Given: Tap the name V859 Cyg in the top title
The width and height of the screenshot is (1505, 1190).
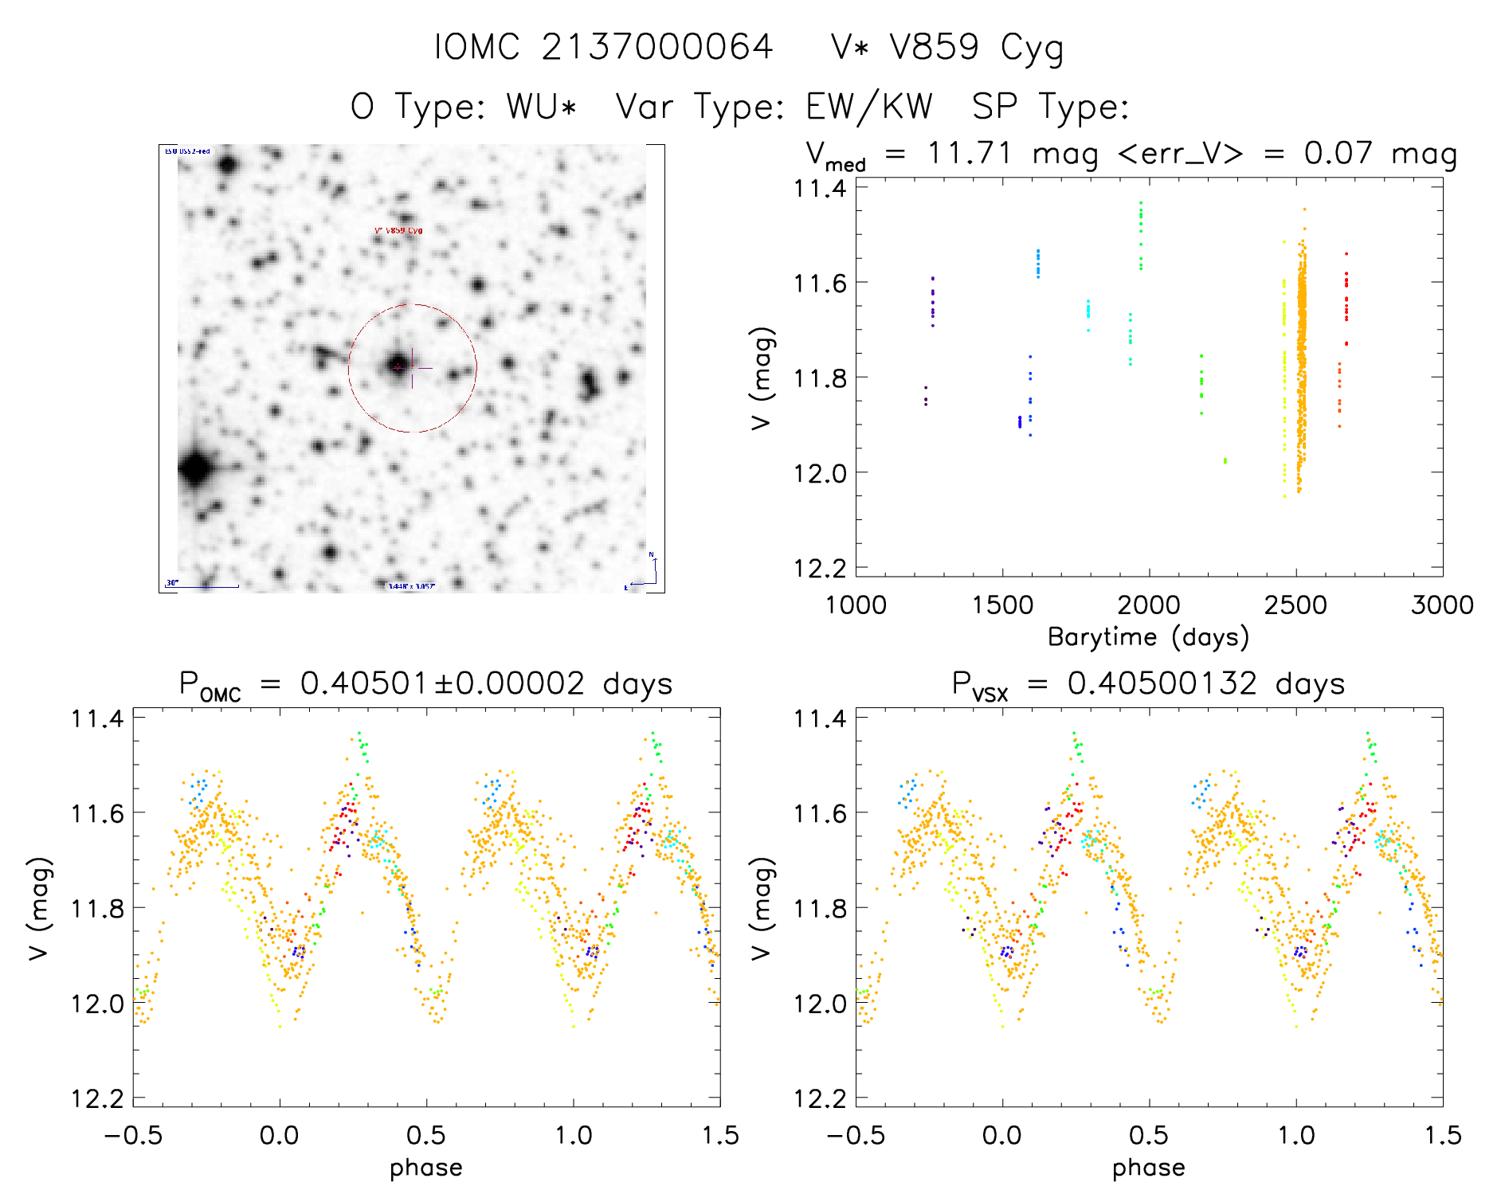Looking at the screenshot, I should pyautogui.click(x=977, y=47).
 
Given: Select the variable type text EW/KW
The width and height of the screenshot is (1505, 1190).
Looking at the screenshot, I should pyautogui.click(x=869, y=106).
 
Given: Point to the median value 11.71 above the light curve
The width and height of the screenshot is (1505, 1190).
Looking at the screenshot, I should pyautogui.click(x=969, y=153).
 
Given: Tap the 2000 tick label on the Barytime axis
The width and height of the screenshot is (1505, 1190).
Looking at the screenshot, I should pyautogui.click(x=1148, y=605).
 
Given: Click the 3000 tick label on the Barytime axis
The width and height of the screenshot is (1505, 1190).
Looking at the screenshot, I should pyautogui.click(x=1441, y=605).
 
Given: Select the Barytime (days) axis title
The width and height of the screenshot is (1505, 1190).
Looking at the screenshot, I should pyautogui.click(x=1148, y=636).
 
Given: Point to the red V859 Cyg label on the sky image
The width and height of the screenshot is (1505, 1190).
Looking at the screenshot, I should pyautogui.click(x=398, y=231).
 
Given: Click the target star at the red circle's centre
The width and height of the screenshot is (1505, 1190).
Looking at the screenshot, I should pyautogui.click(x=398, y=366).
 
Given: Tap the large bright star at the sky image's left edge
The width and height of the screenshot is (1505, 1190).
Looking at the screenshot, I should pyautogui.click(x=195, y=468).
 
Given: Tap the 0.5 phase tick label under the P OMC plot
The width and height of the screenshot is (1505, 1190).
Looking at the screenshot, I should pyautogui.click(x=426, y=1135).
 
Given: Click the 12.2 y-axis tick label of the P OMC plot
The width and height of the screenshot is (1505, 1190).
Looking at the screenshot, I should pyautogui.click(x=97, y=1098).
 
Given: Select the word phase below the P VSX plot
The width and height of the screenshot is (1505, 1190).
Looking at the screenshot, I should pyautogui.click(x=1148, y=1167).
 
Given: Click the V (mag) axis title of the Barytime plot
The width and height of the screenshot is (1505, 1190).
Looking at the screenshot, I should pyautogui.click(x=762, y=378).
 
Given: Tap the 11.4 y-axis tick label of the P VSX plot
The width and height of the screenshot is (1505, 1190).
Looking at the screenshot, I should pyautogui.click(x=820, y=718).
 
